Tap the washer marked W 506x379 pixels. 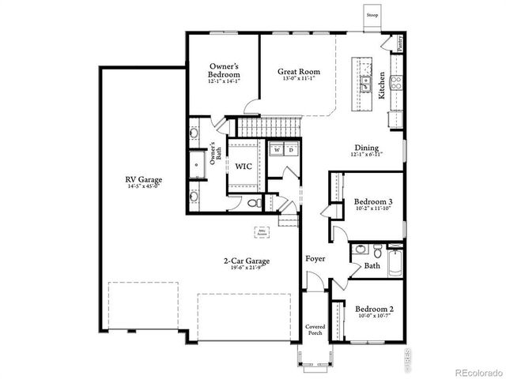[x=277, y=149]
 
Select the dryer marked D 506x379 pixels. [x=290, y=149]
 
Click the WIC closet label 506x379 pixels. [x=244, y=167]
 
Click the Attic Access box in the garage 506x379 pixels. [x=262, y=232]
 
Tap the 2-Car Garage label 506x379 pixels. [x=246, y=261]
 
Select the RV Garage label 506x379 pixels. [x=142, y=179]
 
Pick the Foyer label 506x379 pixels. [x=315, y=258]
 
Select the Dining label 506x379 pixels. [x=366, y=148]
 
